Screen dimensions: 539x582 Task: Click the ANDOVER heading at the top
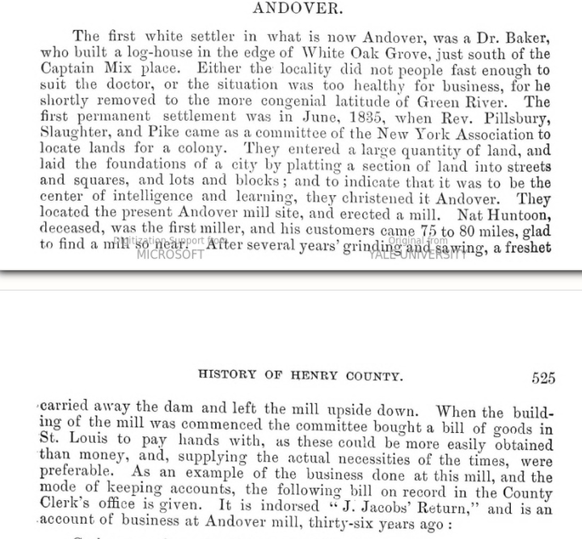point(297,9)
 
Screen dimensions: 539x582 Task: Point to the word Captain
point(68,70)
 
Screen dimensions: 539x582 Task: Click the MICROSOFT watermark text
point(170,254)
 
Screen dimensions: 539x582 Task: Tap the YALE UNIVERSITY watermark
point(417,254)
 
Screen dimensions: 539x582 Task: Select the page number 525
point(543,378)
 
